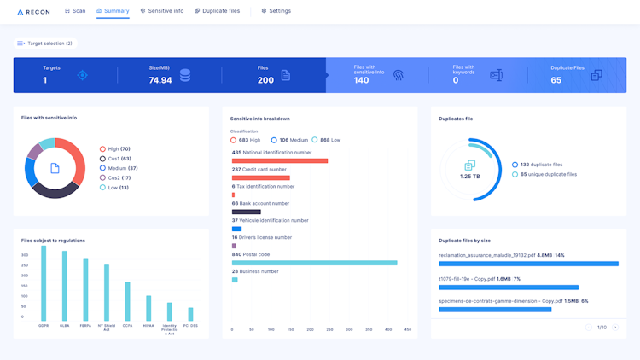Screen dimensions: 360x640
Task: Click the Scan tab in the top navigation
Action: click(75, 11)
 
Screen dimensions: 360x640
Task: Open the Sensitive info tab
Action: click(161, 11)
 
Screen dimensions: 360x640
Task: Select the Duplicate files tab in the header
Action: click(217, 11)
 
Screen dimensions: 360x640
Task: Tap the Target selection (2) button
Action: click(45, 43)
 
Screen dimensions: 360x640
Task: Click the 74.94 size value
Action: click(160, 80)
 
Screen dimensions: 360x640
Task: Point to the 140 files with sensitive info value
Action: click(362, 80)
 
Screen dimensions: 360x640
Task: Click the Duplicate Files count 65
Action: click(556, 80)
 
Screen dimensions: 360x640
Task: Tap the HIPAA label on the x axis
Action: click(148, 325)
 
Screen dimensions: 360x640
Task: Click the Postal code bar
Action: click(314, 263)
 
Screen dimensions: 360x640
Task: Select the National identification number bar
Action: click(280, 160)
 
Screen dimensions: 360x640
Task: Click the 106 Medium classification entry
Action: click(289, 140)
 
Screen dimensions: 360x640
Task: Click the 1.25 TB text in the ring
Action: click(470, 177)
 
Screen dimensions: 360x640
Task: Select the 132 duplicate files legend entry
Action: click(541, 165)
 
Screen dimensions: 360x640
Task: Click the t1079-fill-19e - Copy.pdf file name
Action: click(468, 278)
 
